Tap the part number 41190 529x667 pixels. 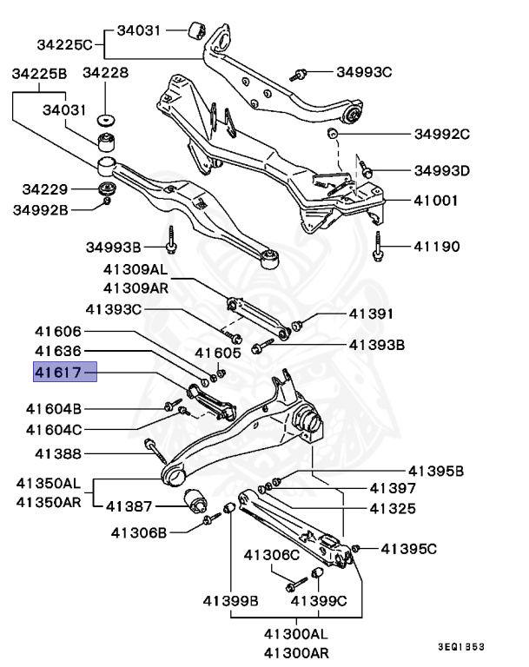(x=439, y=247)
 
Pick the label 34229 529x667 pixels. (x=45, y=188)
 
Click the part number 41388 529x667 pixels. (x=59, y=453)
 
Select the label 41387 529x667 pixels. (x=129, y=505)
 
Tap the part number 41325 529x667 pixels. (x=393, y=507)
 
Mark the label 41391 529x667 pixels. (x=372, y=314)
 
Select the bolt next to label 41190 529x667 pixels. (x=378, y=247)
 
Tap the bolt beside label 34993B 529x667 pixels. (x=173, y=239)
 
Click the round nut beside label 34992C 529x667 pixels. (x=332, y=134)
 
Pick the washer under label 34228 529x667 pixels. (x=107, y=118)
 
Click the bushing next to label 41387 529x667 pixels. (x=195, y=500)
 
